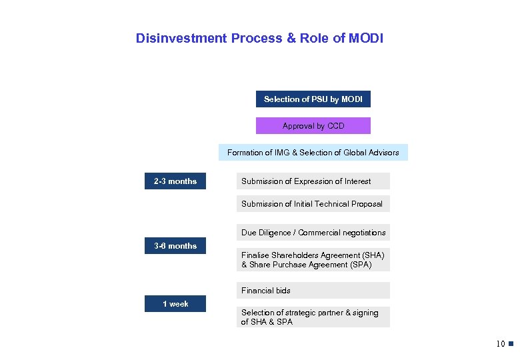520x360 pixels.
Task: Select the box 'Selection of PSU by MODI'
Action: point(313,99)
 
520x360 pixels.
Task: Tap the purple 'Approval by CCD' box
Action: point(313,126)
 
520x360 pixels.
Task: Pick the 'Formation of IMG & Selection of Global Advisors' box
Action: point(313,153)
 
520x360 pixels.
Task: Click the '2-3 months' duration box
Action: point(175,181)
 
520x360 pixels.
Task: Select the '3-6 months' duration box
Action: point(175,246)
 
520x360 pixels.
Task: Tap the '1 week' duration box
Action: point(175,304)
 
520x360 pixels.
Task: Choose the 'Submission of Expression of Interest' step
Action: point(313,181)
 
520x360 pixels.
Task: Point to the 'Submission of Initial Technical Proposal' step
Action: point(313,204)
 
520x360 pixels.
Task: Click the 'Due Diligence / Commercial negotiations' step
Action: point(313,233)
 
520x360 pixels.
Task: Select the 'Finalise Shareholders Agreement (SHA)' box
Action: point(313,260)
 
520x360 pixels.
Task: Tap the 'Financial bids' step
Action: point(313,291)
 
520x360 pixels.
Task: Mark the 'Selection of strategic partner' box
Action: point(313,317)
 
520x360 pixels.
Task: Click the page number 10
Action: point(500,344)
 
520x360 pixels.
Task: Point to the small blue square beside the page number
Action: point(511,344)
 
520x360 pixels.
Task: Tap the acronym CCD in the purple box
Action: point(335,126)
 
